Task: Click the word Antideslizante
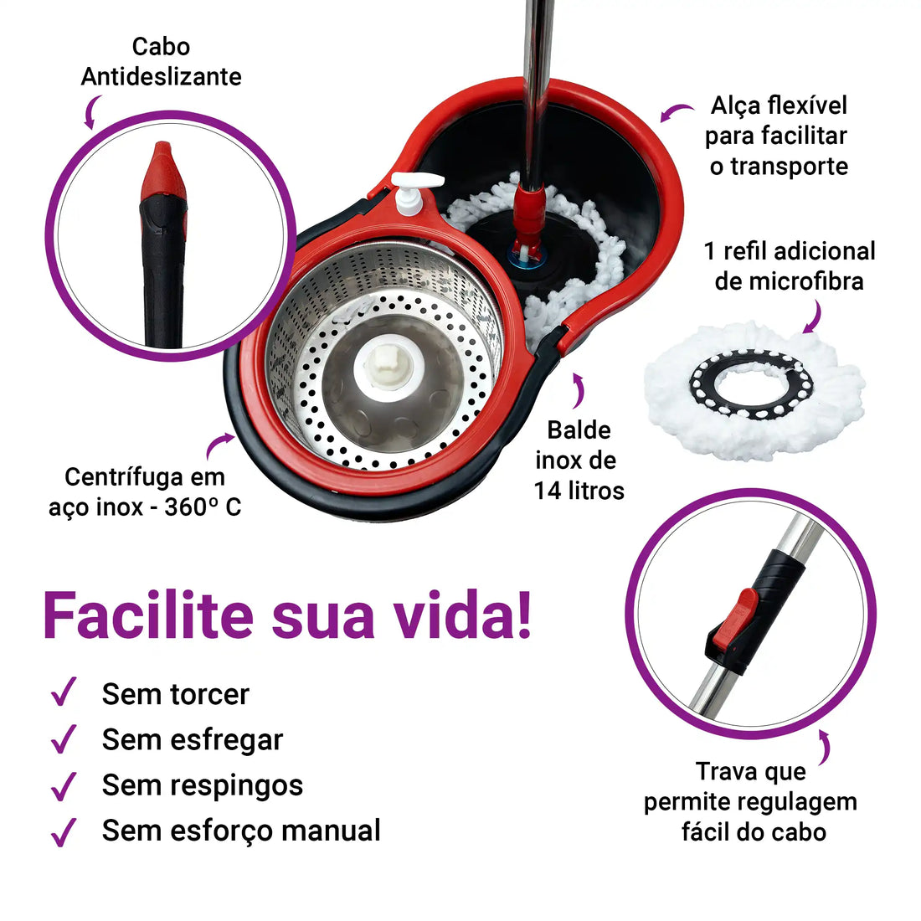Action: click(161, 76)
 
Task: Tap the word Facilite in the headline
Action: click(147, 615)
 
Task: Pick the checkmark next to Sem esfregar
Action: click(64, 739)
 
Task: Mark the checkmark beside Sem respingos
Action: click(64, 785)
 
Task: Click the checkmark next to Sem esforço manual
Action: click(64, 831)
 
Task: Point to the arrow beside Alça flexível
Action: click(677, 112)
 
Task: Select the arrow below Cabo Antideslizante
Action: click(90, 111)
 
